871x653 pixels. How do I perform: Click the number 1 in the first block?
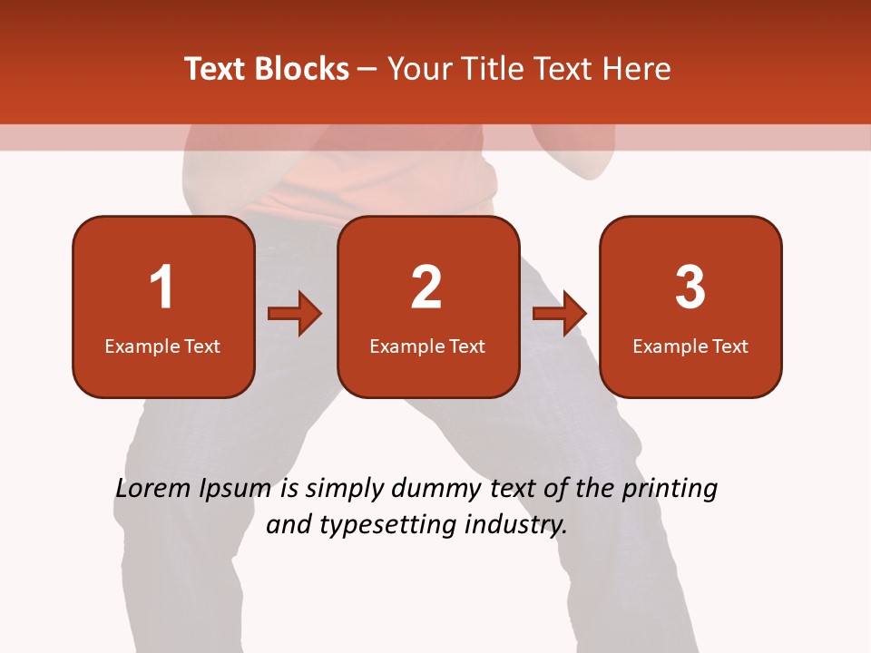click(x=161, y=288)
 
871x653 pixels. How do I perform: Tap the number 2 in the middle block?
click(x=426, y=288)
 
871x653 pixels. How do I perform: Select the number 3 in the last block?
click(x=690, y=288)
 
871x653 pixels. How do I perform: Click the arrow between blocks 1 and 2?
click(x=295, y=314)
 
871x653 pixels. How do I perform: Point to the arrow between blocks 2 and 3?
click(x=560, y=314)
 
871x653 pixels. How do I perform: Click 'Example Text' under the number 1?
click(x=162, y=346)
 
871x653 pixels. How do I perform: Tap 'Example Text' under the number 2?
click(x=427, y=346)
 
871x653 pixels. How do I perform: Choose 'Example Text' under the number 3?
click(x=690, y=346)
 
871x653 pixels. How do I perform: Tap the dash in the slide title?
click(x=367, y=70)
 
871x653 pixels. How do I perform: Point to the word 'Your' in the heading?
click(x=418, y=69)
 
